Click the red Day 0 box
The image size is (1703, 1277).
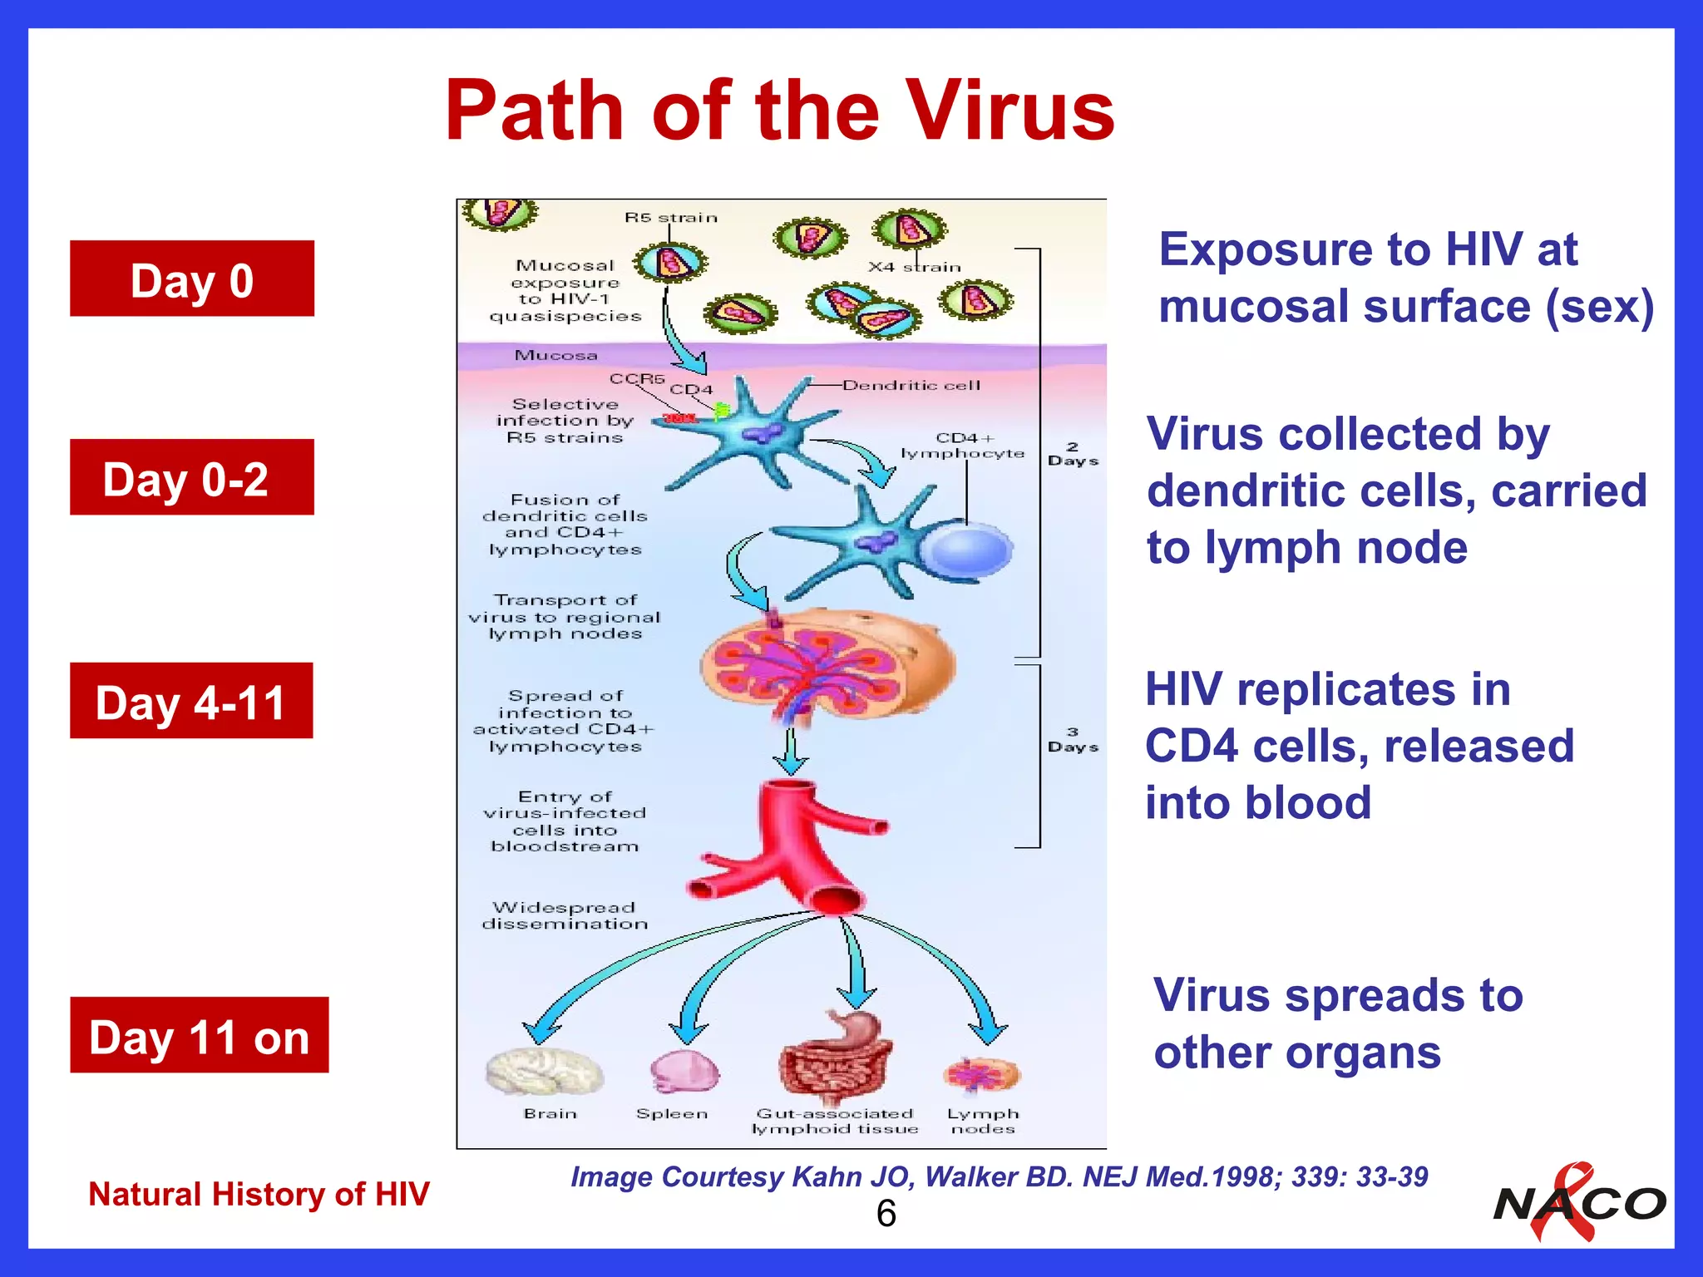[x=192, y=279]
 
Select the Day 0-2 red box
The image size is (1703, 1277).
[x=192, y=477]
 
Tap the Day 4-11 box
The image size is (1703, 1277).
[x=191, y=701]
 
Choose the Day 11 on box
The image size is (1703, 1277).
[x=199, y=1035]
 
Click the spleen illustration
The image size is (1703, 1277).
[x=683, y=1072]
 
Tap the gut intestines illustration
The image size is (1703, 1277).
[x=836, y=1060]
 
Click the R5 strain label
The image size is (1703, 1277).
[x=670, y=218]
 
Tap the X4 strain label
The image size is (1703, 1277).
[x=914, y=267]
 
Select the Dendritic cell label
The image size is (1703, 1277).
[x=911, y=386]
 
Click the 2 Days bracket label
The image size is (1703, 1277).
[x=1073, y=454]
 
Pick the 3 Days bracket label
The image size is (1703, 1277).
[x=1073, y=740]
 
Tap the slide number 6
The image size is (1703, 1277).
[x=886, y=1214]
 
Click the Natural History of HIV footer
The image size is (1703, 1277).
[x=259, y=1194]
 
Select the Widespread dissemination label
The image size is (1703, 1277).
[x=565, y=915]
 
